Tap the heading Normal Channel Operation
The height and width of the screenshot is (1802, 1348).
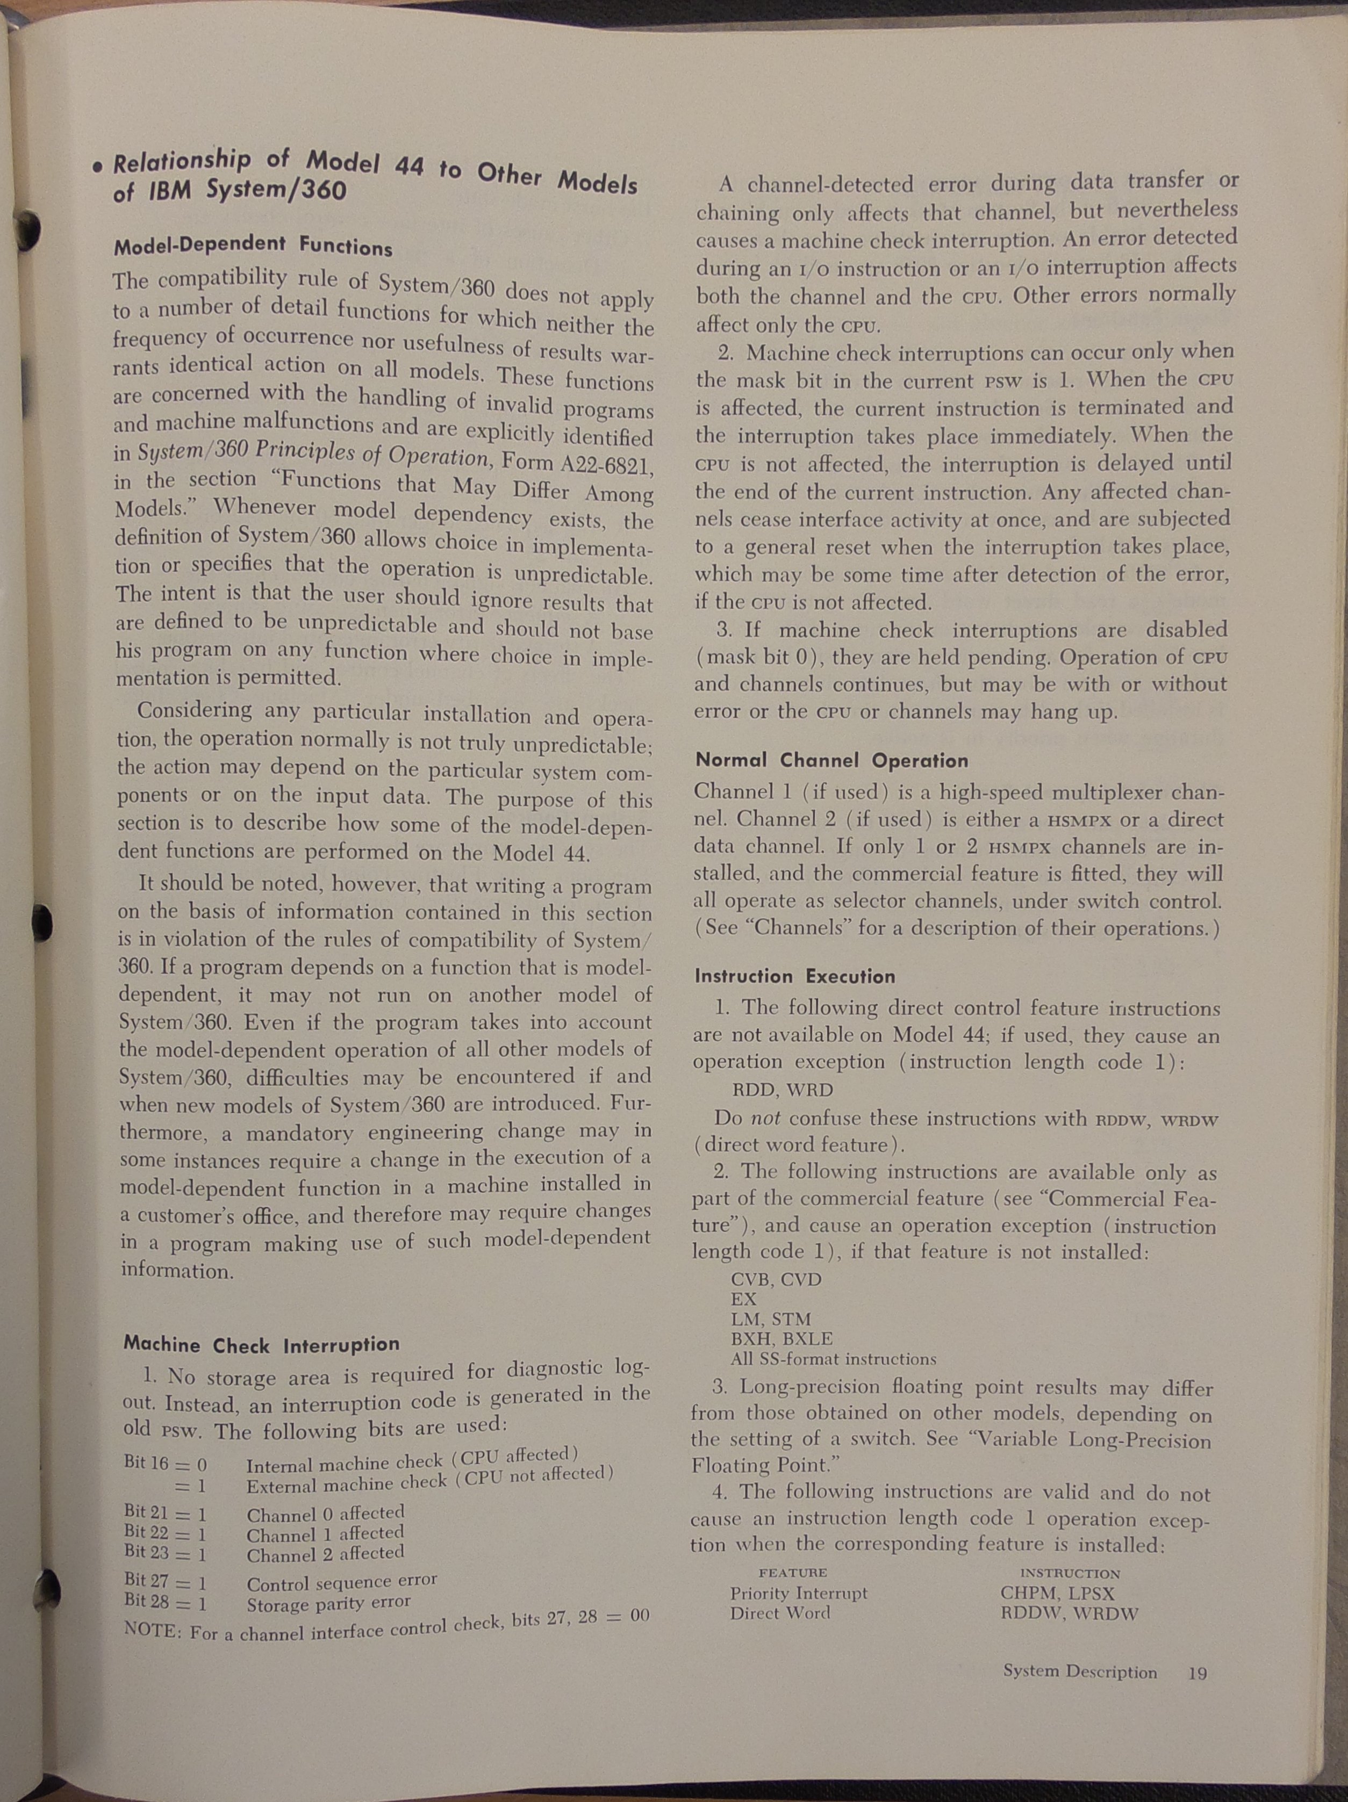point(831,760)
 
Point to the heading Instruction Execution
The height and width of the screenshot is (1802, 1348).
point(794,976)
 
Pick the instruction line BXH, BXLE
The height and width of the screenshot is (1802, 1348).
point(781,1338)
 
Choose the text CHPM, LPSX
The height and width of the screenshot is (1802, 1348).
point(1057,1592)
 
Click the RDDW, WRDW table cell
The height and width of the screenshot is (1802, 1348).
point(1069,1613)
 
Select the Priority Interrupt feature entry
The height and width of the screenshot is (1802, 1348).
point(798,1592)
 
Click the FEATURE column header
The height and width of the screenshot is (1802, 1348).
point(792,1572)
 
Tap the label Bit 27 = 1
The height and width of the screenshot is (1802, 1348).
point(166,1581)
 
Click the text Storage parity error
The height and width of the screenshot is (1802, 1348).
point(328,1603)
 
